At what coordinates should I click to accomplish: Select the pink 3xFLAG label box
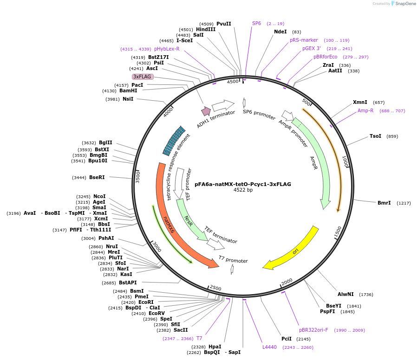pos(142,77)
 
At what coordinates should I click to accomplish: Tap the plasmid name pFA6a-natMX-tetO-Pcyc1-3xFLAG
pos(243,184)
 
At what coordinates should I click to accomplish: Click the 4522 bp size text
pos(243,190)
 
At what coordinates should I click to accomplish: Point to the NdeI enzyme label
pos(281,32)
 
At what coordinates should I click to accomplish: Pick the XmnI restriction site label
pos(360,102)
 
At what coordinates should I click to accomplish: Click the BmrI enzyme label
pos(384,203)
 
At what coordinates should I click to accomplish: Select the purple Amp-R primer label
pos(366,110)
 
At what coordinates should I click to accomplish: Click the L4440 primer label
pos(269,347)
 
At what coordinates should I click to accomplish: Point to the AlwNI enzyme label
pos(346,294)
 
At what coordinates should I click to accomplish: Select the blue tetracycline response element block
pos(174,140)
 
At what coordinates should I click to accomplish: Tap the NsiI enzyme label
pos(128,99)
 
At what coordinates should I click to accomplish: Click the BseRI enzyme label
pos(97,177)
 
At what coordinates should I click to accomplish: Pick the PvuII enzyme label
pos(223,24)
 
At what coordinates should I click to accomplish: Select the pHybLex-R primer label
pos(167,49)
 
